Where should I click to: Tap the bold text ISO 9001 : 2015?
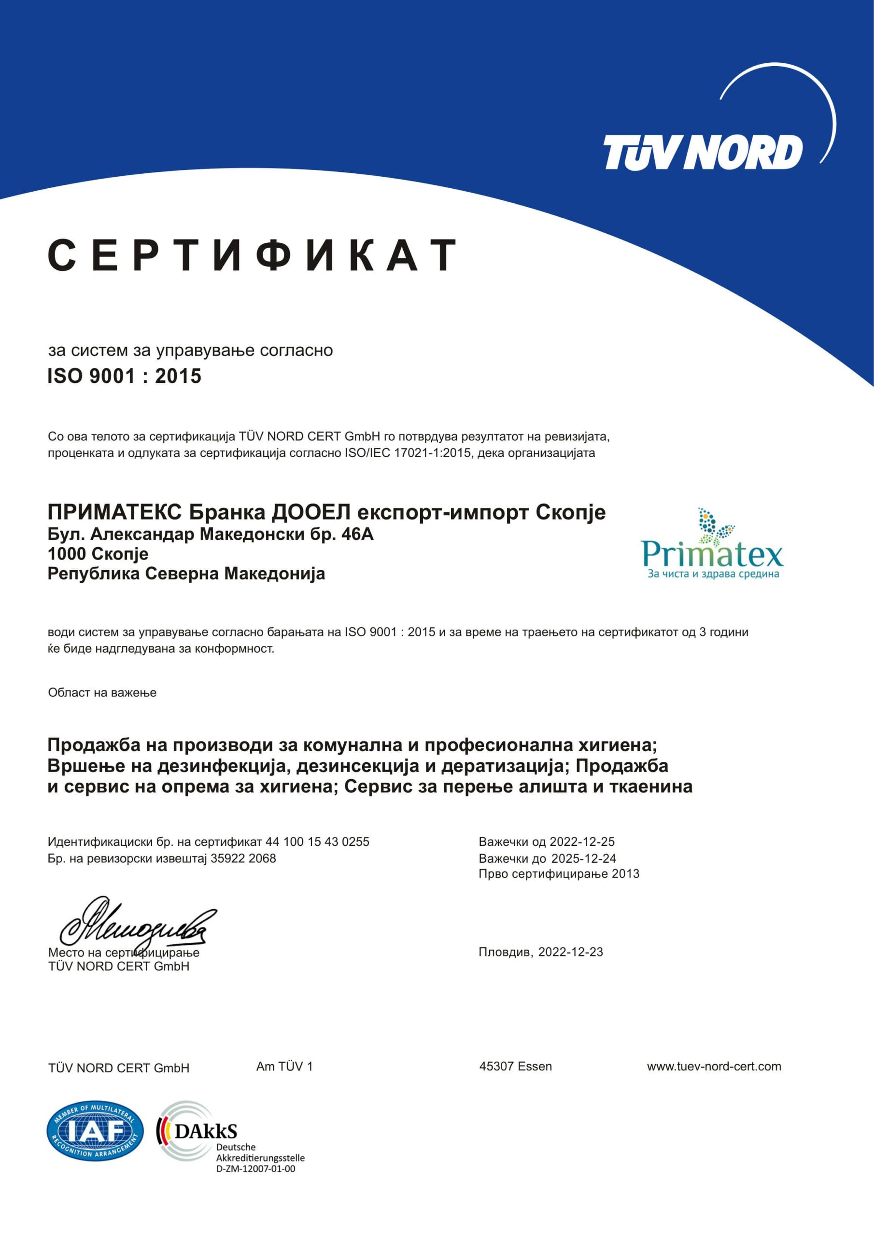click(125, 376)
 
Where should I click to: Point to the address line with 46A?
click(211, 534)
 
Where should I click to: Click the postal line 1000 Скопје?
click(98, 554)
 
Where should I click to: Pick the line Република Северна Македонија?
click(186, 574)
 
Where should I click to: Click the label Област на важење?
click(102, 693)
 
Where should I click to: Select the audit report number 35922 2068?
click(243, 858)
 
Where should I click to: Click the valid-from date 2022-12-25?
click(581, 842)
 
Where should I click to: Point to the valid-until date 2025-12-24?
click(583, 858)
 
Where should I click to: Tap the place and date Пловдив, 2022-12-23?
click(541, 952)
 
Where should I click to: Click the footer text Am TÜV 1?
click(284, 1067)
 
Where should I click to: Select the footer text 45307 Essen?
click(515, 1067)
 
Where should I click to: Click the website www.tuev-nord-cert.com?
click(714, 1067)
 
